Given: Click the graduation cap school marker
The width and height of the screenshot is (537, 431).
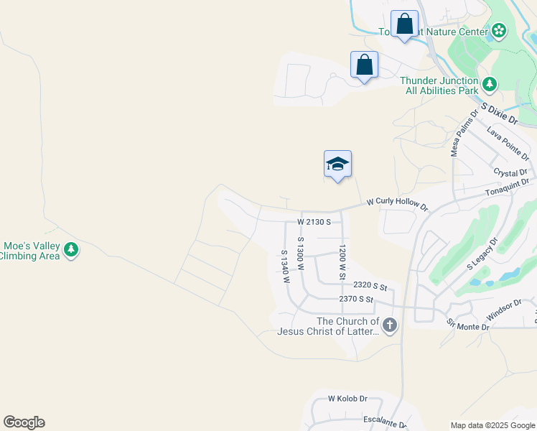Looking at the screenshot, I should (x=337, y=164).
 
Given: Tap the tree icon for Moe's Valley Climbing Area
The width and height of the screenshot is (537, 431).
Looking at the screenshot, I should (x=70, y=250).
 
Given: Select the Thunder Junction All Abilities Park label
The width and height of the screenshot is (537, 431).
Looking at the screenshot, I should (x=439, y=86).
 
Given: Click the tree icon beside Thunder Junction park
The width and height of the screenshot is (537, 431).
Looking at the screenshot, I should (x=490, y=85).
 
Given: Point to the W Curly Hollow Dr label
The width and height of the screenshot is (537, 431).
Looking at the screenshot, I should (x=397, y=205).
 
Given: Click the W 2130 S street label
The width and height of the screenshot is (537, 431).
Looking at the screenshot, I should (x=314, y=222).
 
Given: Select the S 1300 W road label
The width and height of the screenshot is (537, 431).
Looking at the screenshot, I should (x=302, y=253).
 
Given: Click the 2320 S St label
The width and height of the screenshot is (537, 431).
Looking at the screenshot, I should (x=370, y=286).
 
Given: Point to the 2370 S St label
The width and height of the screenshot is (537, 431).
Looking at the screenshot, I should (x=357, y=299).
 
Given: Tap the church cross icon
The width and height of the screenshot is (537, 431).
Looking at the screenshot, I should (x=389, y=325).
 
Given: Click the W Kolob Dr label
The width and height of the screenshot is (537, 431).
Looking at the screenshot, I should (x=347, y=399).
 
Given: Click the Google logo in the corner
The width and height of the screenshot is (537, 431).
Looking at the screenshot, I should (x=24, y=422).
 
